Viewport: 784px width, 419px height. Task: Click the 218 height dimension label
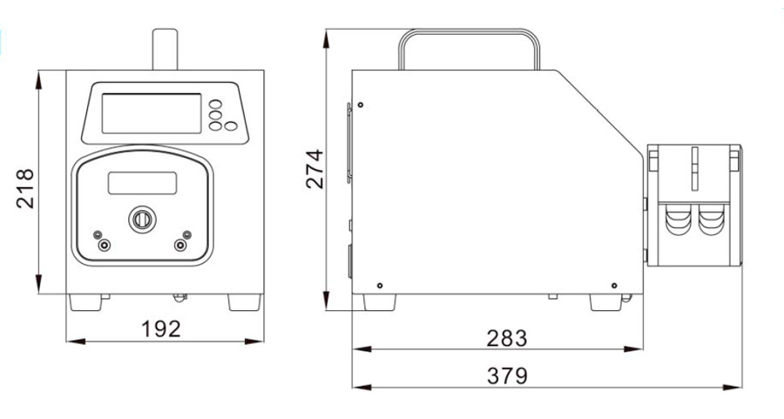click(25, 188)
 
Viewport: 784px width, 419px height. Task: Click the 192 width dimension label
click(160, 329)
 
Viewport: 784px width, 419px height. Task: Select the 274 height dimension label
click(314, 169)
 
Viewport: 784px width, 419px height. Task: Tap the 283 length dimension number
click(506, 339)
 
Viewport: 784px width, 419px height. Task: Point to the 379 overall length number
click(507, 376)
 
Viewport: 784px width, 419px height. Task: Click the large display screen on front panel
click(152, 113)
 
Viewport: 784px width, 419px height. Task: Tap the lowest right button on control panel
click(231, 126)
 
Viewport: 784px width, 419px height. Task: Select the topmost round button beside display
click(215, 104)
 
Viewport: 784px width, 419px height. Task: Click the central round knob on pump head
click(143, 220)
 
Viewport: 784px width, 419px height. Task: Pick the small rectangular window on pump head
click(143, 183)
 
